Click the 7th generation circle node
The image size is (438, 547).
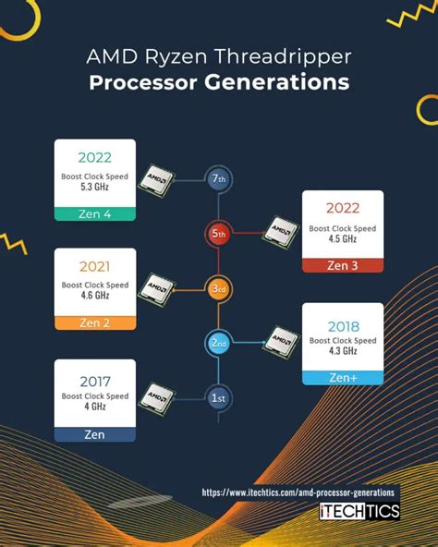click(x=218, y=179)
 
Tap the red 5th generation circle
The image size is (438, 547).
click(x=218, y=234)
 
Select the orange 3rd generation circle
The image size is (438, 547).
click(x=218, y=288)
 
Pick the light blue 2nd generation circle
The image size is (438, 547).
click(x=218, y=342)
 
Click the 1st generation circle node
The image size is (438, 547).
click(x=218, y=396)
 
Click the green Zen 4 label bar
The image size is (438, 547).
click(x=95, y=215)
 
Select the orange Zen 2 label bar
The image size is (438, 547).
click(x=95, y=323)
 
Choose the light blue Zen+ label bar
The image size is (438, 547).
click(x=342, y=376)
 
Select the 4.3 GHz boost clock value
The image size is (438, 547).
click(x=342, y=351)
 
